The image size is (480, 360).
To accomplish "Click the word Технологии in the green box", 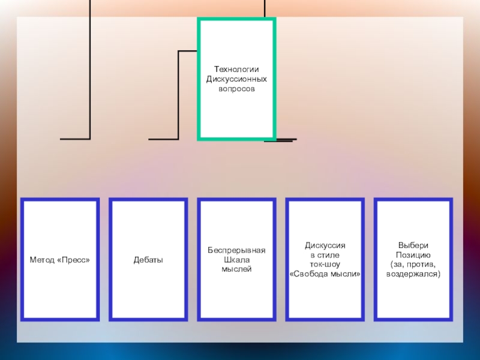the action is pos(236,70).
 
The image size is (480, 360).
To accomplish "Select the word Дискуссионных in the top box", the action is pos(236,79).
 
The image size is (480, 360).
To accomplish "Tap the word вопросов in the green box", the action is pos(236,89).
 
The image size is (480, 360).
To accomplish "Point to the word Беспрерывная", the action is pos(236,250).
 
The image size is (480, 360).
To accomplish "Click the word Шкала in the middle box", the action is pos(236,260).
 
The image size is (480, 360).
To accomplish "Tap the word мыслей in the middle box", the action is pos(236,269).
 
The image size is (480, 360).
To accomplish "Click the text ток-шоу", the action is pos(325,264).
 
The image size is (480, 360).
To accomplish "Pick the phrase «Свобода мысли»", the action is pos(325,274).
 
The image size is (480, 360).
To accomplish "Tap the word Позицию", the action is pos(413,255).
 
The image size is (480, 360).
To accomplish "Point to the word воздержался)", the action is pos(413,274).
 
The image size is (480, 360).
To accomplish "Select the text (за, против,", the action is pos(413,264).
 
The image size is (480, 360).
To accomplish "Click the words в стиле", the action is pos(325,255).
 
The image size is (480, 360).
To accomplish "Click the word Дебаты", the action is pos(148,260).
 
